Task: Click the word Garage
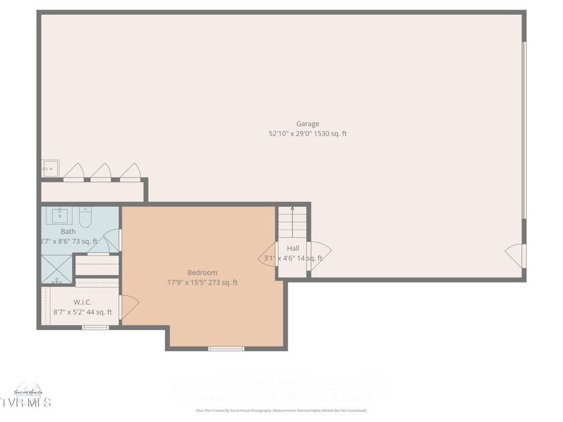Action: click(307, 124)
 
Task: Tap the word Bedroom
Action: click(202, 273)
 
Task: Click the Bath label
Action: click(68, 231)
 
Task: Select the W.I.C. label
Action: click(83, 302)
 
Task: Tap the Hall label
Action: click(293, 248)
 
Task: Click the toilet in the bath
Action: click(85, 217)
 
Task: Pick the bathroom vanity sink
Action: click(61, 216)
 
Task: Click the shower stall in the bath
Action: click(57, 269)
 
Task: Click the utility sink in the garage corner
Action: click(50, 168)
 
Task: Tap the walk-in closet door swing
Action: click(129, 306)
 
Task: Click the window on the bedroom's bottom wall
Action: click(226, 348)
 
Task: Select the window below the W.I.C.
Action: click(95, 327)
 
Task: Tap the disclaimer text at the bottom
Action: click(281, 411)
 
